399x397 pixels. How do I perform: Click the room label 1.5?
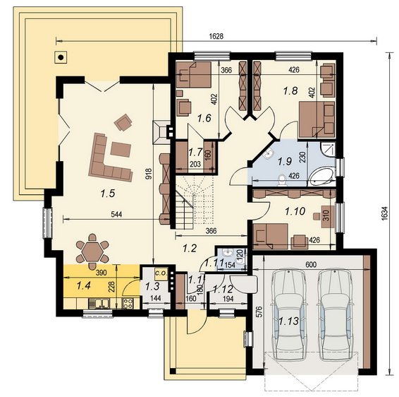point(108,194)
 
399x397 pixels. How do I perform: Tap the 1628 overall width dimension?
point(216,36)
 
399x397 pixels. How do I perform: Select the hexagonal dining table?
point(92,251)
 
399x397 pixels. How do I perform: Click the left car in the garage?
point(288,314)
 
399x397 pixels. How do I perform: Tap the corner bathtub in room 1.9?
point(322,177)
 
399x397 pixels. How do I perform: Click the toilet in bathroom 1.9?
point(282,179)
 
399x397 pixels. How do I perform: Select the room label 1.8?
point(290,90)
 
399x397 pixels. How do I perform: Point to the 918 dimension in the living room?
point(149,173)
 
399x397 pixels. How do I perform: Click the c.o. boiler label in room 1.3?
point(161,273)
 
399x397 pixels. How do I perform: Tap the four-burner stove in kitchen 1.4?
point(128,303)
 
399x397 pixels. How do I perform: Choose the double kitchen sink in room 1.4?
point(99,304)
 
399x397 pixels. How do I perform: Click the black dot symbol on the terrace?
point(61,57)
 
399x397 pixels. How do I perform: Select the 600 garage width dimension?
point(310,265)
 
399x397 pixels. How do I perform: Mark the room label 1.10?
point(295,211)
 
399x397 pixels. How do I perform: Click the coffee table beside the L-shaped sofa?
point(121,150)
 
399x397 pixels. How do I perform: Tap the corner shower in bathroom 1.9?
point(328,149)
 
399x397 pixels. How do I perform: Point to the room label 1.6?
point(204,118)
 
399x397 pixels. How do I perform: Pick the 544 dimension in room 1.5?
point(116,215)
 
